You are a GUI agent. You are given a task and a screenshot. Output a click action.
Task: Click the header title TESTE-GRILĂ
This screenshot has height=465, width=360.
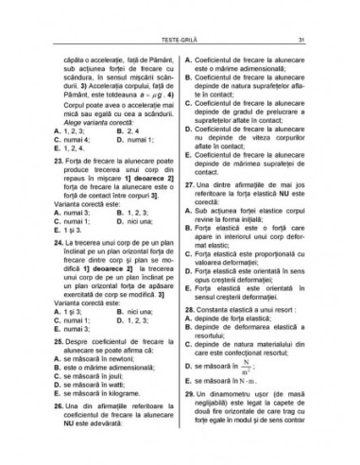[180, 40]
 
